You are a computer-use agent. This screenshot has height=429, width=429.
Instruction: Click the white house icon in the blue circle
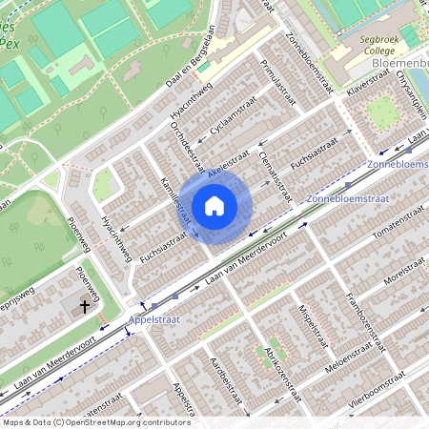coord(214,206)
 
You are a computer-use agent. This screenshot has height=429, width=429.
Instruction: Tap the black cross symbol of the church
coord(85,307)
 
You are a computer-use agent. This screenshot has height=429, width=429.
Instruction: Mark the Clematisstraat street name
coord(272,172)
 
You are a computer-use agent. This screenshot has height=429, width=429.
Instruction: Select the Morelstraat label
coord(400,274)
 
